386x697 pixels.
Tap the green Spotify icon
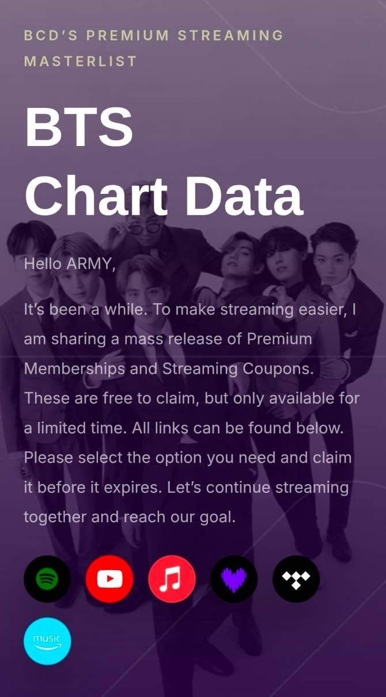(47, 579)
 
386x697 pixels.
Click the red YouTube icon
(109, 579)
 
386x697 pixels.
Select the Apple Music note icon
(172, 579)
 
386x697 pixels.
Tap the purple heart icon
(234, 579)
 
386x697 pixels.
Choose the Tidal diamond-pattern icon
(296, 579)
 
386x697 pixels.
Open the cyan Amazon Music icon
(47, 641)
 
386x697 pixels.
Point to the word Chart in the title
(96, 196)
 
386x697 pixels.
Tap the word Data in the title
(244, 196)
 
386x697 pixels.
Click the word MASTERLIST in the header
(81, 61)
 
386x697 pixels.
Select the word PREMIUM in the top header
(128, 35)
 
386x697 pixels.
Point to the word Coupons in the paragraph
(278, 369)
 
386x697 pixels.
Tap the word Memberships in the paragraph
(74, 369)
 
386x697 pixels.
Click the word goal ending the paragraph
(217, 518)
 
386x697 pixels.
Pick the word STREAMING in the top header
(230, 35)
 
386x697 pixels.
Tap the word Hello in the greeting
(43, 264)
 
